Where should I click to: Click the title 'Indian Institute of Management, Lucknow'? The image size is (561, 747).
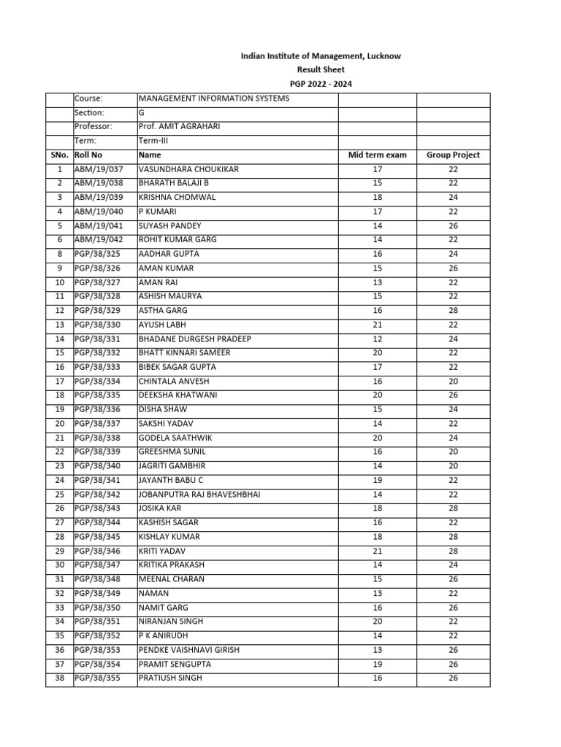point(321,56)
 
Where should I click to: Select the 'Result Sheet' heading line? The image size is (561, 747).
point(321,70)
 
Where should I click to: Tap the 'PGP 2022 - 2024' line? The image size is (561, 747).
point(321,85)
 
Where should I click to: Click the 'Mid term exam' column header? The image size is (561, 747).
point(377,155)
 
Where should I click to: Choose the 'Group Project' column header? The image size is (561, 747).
point(453,155)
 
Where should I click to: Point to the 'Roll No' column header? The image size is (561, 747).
point(88,155)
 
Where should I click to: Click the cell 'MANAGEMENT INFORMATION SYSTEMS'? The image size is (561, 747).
point(214,98)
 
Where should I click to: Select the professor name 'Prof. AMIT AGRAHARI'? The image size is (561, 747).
point(179,127)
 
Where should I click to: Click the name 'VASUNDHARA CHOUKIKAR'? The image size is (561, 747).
point(188,169)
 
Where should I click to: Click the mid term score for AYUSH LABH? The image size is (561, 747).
point(377,325)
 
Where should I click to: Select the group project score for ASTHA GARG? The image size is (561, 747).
point(453,311)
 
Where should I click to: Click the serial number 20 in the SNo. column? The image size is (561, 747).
point(60,424)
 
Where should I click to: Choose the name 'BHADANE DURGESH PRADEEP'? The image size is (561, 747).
point(194,339)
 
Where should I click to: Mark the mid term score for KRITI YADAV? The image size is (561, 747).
point(377,551)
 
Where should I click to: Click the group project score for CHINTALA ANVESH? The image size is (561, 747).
point(453,382)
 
